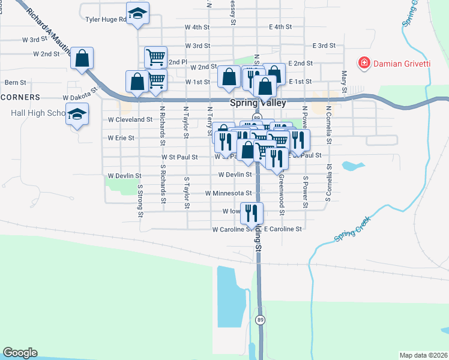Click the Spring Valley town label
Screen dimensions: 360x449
click(258, 103)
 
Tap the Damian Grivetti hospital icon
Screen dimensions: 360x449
click(363, 62)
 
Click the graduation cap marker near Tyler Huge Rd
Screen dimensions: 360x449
click(137, 14)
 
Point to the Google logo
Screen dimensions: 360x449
click(20, 353)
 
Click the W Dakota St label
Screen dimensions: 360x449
click(80, 96)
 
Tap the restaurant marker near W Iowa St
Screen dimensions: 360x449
click(252, 212)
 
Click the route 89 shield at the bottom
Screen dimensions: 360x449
click(259, 319)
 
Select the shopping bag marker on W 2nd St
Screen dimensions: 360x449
click(82, 58)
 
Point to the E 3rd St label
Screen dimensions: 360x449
click(324, 46)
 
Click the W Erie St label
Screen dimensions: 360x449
click(121, 138)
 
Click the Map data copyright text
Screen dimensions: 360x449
click(423, 355)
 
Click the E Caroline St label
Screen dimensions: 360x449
click(282, 229)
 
